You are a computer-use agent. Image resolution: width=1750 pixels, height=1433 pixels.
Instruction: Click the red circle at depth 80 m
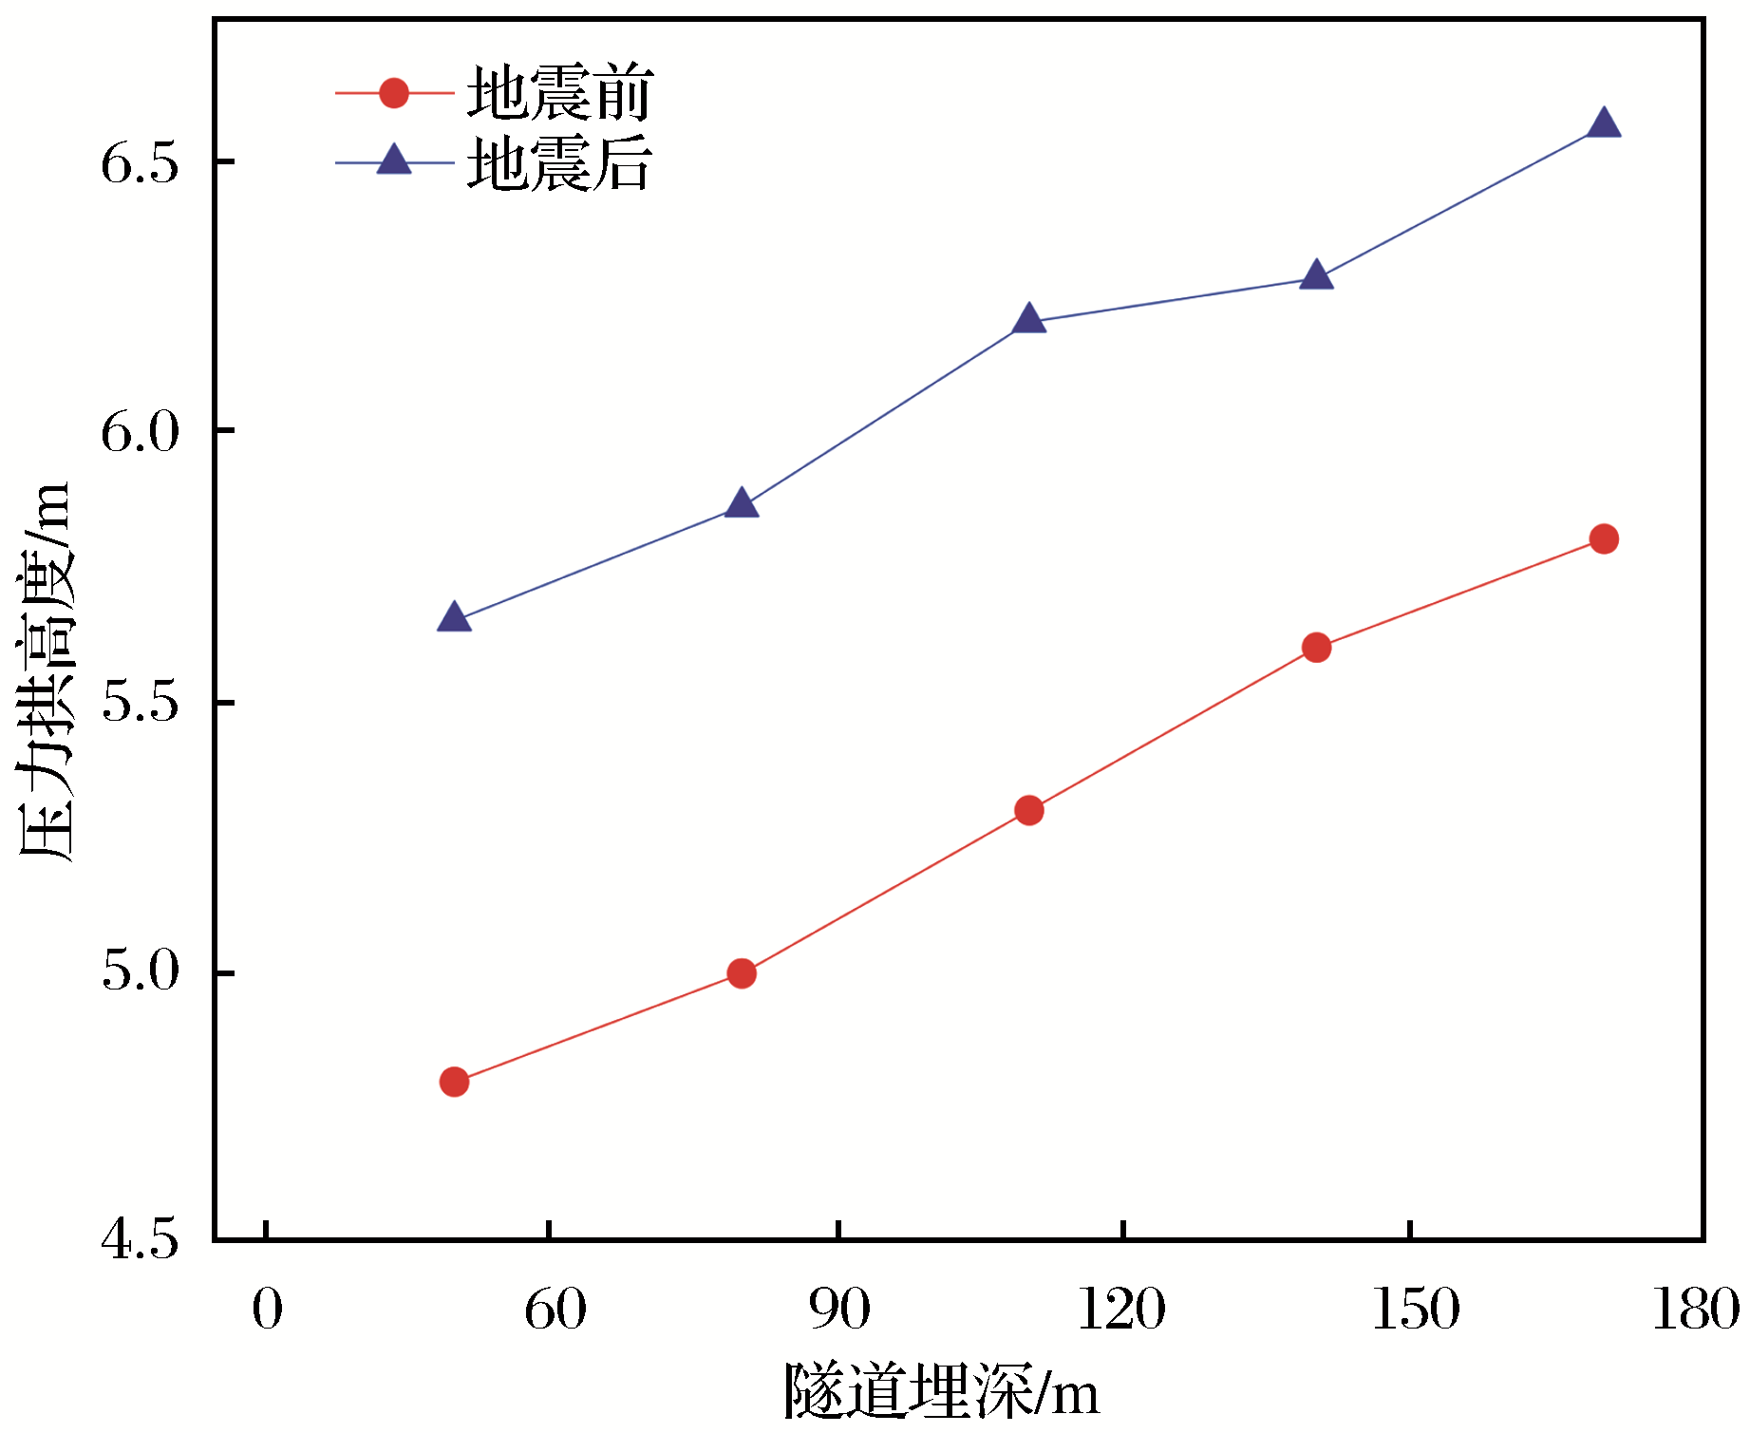[x=742, y=973]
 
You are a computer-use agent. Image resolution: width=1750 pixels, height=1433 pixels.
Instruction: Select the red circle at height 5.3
[x=1029, y=810]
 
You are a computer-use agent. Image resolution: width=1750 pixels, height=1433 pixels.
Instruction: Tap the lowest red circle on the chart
[x=455, y=1082]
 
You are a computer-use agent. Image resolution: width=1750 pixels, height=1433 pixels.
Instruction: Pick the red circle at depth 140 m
[x=1316, y=648]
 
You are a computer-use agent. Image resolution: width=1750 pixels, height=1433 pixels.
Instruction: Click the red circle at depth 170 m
[x=1604, y=539]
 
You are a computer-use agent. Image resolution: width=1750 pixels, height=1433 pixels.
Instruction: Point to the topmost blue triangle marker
[x=1604, y=124]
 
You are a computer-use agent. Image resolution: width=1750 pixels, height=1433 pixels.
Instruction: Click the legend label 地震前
[x=559, y=93]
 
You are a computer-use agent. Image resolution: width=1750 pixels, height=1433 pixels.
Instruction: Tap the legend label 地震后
[x=559, y=163]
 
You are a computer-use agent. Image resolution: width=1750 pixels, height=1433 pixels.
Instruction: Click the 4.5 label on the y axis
[x=141, y=1240]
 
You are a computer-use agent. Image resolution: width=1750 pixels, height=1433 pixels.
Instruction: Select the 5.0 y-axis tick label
[x=141, y=971]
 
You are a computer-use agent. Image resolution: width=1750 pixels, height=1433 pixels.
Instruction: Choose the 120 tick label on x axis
[x=1121, y=1310]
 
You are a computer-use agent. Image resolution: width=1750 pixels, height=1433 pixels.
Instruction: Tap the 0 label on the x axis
[x=268, y=1310]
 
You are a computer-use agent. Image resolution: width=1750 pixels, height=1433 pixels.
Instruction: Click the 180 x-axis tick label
[x=1696, y=1310]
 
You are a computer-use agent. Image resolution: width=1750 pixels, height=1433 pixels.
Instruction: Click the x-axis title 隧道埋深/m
[x=941, y=1393]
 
